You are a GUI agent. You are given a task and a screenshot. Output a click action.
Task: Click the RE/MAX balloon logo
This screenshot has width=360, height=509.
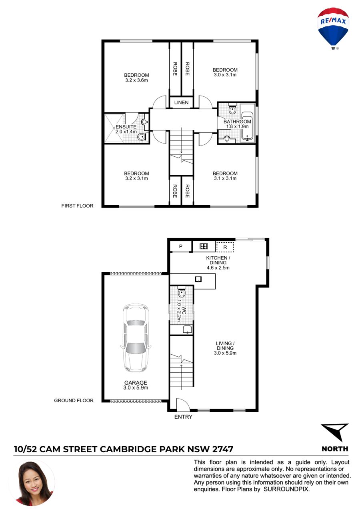(333, 28)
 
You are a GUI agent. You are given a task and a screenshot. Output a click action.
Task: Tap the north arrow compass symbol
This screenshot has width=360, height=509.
(336, 432)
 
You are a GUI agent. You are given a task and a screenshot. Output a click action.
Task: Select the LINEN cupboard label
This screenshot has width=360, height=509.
(181, 102)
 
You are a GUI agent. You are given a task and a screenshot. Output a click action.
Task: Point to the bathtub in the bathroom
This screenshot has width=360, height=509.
(247, 126)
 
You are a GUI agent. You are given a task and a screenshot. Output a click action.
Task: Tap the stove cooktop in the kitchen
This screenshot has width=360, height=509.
(204, 246)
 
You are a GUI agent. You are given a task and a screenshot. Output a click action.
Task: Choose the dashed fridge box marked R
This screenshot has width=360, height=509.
(225, 247)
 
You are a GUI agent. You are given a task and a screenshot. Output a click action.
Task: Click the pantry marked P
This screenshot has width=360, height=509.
(181, 246)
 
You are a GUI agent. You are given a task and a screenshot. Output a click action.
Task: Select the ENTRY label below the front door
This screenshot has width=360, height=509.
(183, 417)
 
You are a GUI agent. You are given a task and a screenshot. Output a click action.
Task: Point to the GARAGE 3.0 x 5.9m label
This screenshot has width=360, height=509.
(136, 385)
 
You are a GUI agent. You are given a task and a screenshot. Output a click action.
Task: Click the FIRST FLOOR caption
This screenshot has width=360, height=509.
(77, 206)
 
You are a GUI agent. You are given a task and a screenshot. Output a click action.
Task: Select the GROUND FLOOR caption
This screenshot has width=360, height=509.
(74, 400)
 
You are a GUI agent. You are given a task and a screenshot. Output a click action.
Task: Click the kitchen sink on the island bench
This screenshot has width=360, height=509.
(198, 279)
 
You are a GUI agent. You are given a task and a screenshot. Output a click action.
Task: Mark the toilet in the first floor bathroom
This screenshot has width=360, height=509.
(232, 109)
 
